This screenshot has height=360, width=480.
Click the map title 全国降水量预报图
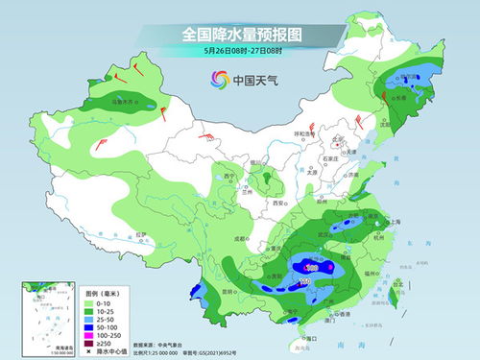[x=239, y=34]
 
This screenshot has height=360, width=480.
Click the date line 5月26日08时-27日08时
[x=239, y=51]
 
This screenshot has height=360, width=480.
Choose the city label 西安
[x=278, y=204]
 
